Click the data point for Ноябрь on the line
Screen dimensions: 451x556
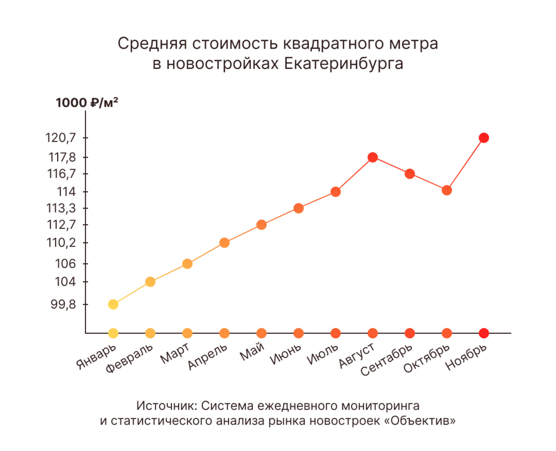tap(484, 138)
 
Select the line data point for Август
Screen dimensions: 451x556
tap(372, 157)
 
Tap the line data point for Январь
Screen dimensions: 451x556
tap(113, 304)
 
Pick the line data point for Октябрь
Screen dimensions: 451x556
tap(447, 190)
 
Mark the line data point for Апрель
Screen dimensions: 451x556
tap(224, 243)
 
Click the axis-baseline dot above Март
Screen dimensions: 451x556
tap(187, 333)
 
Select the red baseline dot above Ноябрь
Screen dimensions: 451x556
tap(484, 333)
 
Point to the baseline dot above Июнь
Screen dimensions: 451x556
tap(299, 333)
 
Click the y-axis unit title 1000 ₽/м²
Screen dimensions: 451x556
tap(87, 103)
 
